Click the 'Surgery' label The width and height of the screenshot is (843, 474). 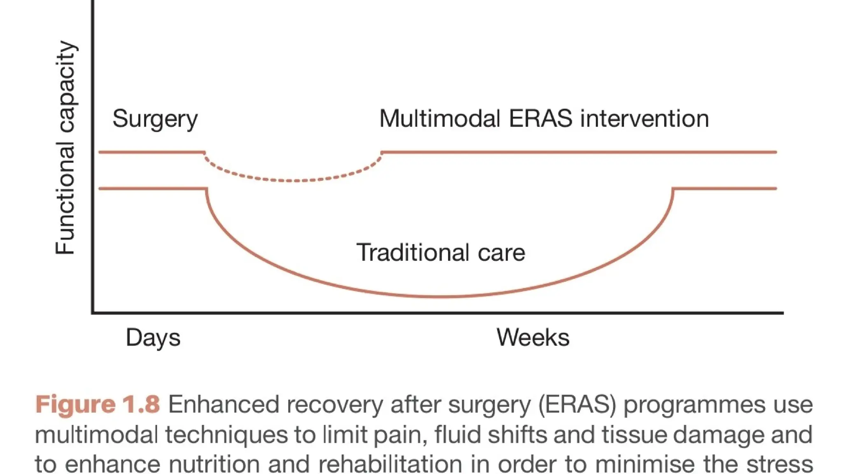pos(155,119)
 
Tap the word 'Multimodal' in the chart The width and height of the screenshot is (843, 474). pos(439,118)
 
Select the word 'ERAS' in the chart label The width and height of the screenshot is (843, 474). pos(540,118)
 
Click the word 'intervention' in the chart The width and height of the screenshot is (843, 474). pos(644,118)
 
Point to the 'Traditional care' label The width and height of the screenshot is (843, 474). pos(440,252)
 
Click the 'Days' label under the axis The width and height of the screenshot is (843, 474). pos(153,338)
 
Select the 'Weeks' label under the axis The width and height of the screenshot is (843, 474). pos(533,337)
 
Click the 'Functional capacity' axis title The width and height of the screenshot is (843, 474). pos(65,148)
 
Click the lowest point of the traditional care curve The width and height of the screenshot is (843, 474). pos(440,296)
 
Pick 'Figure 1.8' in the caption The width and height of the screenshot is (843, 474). pos(97,404)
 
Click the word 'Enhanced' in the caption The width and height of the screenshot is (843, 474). pos(223,404)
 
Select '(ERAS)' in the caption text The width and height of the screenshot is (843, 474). pos(577,404)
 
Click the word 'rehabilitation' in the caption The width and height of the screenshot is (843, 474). pos(390,464)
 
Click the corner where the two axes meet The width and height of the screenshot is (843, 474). pos(93,313)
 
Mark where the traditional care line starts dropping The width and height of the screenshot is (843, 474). pos(207,189)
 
